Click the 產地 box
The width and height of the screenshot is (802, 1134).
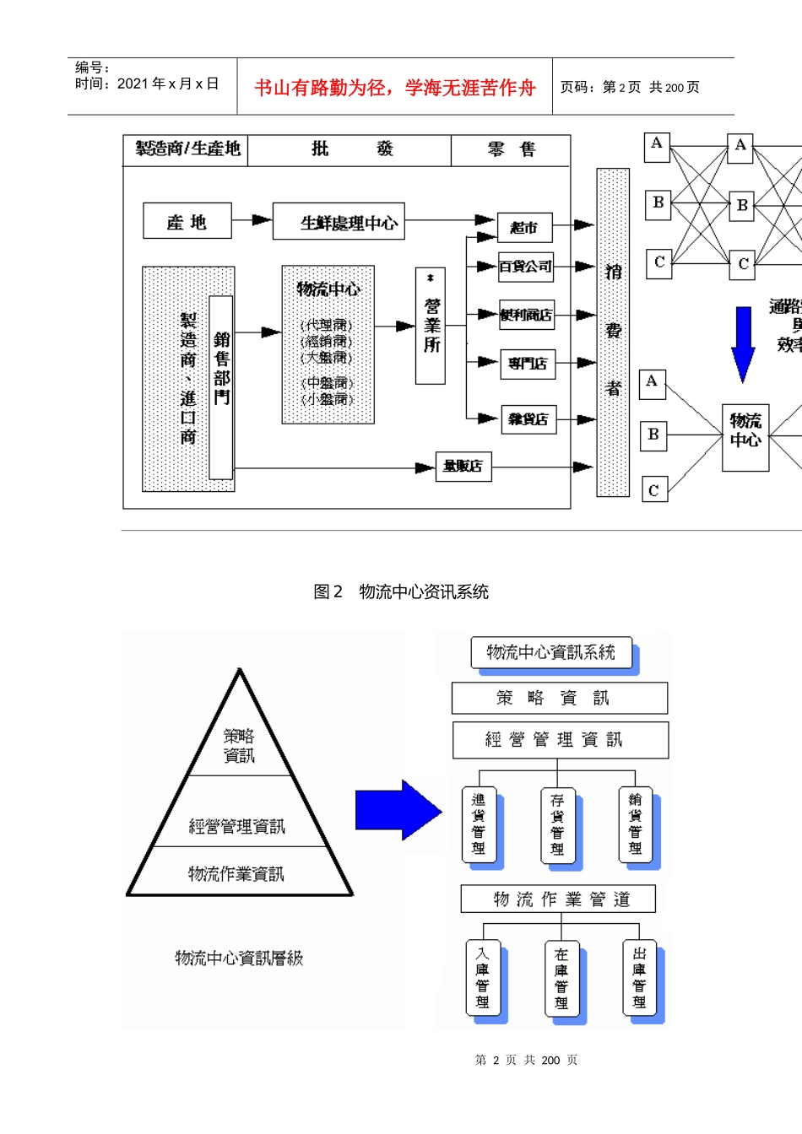(187, 221)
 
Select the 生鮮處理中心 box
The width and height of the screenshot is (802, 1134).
(339, 222)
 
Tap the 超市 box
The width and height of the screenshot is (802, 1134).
(524, 228)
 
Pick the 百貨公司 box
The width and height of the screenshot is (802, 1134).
(525, 267)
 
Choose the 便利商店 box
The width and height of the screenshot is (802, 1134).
(526, 315)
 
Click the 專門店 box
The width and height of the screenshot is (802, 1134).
(528, 364)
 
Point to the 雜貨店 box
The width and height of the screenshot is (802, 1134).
(528, 418)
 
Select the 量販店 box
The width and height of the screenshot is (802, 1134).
(463, 466)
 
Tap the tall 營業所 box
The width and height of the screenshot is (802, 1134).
(431, 326)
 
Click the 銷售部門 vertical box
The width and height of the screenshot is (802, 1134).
(221, 387)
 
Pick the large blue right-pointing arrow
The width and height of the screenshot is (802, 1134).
(398, 810)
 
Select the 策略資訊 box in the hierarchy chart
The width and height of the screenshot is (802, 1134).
(559, 698)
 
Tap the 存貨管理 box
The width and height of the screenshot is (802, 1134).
(557, 824)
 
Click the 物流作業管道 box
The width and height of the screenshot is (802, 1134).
(558, 899)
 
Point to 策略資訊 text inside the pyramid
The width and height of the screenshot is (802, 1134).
(239, 746)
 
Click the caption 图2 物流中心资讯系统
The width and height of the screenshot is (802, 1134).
(401, 591)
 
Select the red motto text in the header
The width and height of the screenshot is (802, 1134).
(394, 88)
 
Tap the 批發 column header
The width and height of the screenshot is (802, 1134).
(350, 149)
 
